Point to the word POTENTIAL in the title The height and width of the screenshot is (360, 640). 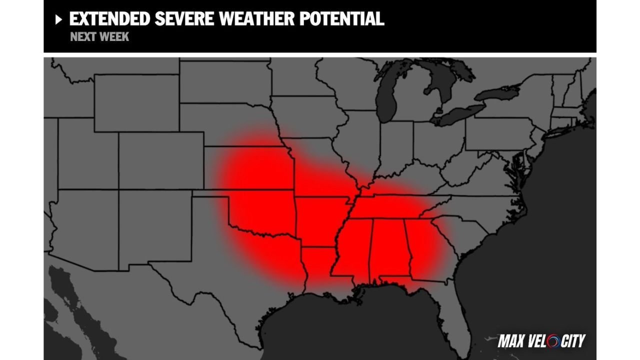[341, 19]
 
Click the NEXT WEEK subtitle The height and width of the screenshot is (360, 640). [99, 37]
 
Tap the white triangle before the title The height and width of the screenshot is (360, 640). [58, 19]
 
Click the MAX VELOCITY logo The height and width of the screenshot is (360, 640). [541, 341]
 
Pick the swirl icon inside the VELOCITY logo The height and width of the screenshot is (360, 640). [554, 341]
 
